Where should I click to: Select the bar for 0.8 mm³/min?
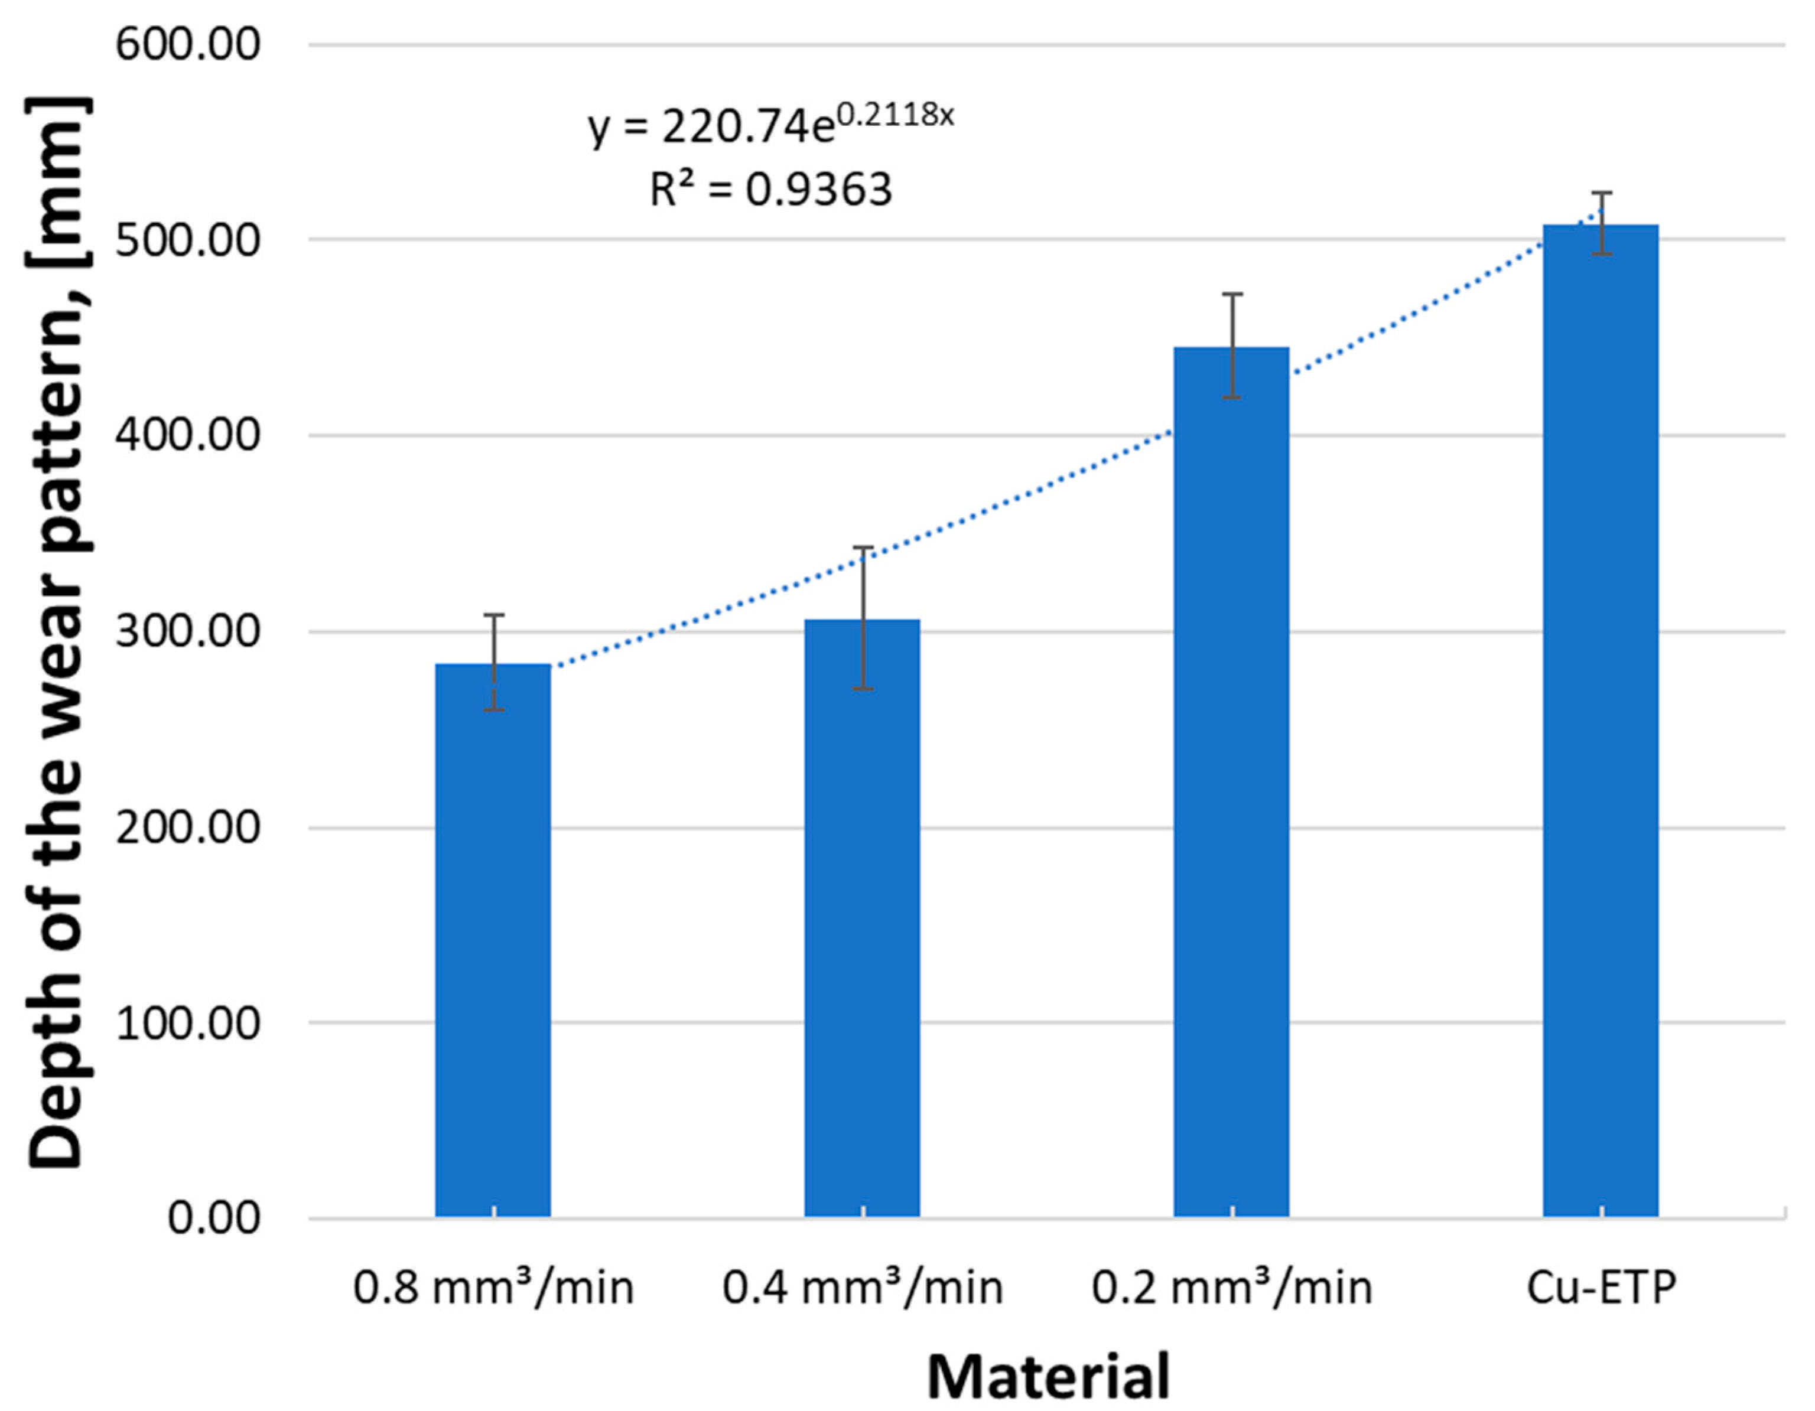(493, 939)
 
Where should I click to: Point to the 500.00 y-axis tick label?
(188, 240)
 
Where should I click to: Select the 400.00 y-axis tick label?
(188, 435)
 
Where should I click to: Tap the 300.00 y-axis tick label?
(188, 631)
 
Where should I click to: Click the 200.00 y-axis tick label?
(188, 827)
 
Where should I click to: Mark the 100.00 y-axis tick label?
(188, 1023)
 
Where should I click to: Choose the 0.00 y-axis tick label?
(214, 1219)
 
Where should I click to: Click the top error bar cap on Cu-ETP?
(1601, 193)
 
